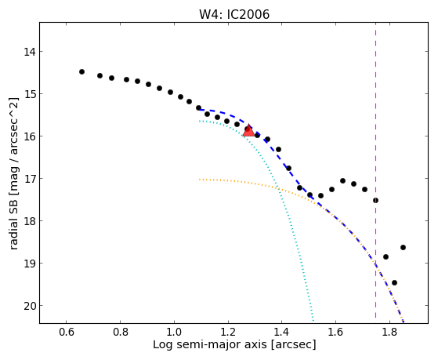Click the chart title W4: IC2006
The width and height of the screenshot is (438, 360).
234,15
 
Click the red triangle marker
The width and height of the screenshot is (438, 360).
248,130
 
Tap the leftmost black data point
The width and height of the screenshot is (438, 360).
81,72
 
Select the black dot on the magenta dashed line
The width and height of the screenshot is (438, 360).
375,200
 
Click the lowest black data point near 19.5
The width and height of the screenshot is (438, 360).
394,283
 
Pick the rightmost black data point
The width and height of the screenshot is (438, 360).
403,248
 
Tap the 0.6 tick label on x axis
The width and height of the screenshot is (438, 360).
66,332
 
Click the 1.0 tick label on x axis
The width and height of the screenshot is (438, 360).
174,332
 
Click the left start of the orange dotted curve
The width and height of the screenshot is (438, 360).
200,180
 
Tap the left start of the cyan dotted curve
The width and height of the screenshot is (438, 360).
200,121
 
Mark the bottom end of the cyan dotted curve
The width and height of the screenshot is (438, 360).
313,321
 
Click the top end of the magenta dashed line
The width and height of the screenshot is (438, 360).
375,23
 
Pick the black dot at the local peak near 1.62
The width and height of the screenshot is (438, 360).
342,180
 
